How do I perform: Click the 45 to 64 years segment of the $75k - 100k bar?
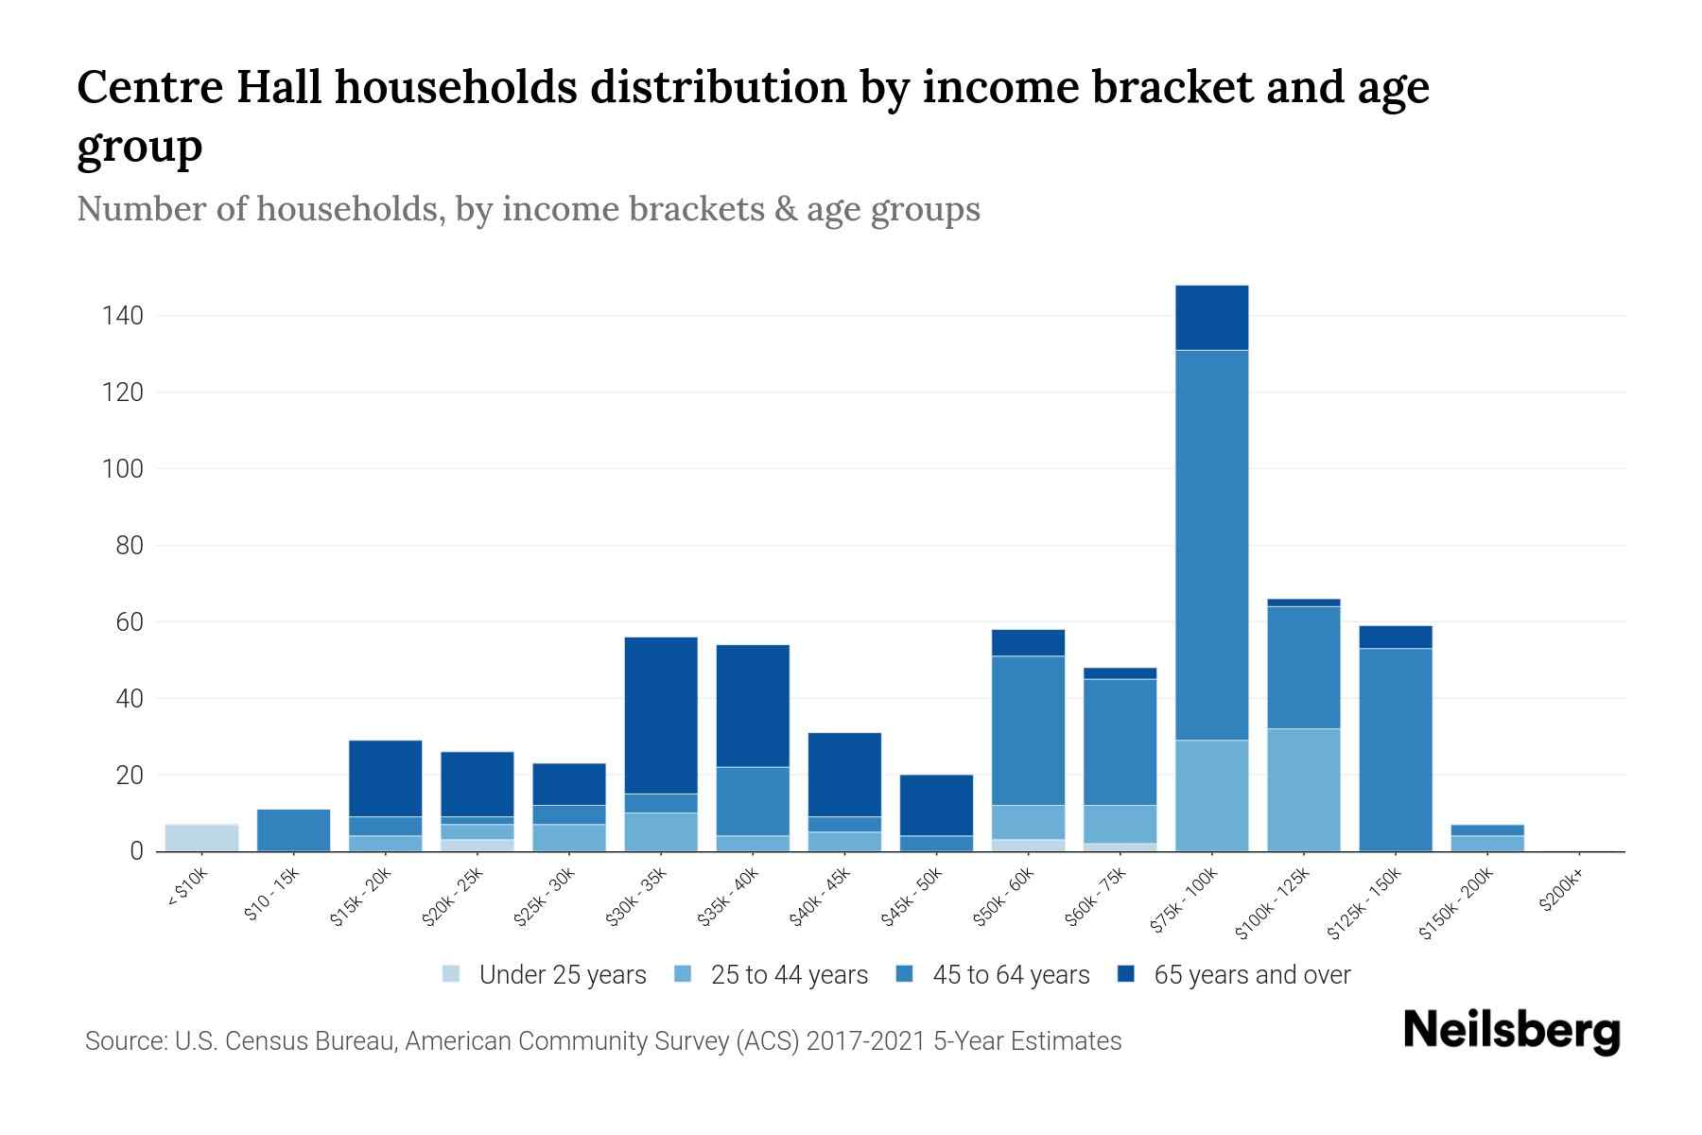point(1211,545)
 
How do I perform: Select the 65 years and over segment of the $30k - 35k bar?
point(661,715)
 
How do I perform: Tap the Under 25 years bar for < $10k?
point(201,838)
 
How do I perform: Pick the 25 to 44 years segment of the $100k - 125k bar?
point(1303,790)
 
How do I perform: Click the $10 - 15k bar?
point(293,830)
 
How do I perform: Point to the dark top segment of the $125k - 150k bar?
point(1395,637)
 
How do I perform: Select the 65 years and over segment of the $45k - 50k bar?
point(936,805)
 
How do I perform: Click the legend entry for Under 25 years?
point(562,975)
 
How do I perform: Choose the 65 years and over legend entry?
point(1251,975)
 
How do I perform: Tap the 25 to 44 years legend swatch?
point(683,974)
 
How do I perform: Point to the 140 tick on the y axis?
point(123,316)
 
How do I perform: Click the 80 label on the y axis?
point(129,546)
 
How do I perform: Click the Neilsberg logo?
point(1511,1032)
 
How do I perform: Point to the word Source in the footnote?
point(124,1041)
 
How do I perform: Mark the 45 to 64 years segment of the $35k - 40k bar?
point(753,801)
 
